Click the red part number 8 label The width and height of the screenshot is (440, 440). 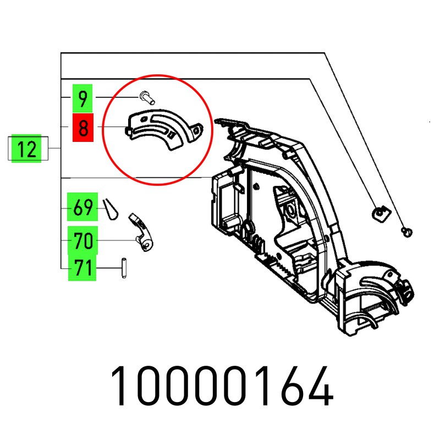tap(83, 128)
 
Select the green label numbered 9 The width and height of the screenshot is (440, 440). tap(82, 98)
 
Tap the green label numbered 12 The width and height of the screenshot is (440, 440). tap(26, 148)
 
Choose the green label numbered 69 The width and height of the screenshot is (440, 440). tap(82, 207)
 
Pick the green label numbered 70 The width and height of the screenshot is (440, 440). tap(83, 240)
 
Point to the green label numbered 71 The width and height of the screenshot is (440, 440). tap(82, 267)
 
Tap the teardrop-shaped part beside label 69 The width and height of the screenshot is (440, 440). tap(111, 210)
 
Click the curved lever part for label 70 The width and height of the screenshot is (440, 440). tap(142, 232)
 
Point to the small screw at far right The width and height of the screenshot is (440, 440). tap(407, 232)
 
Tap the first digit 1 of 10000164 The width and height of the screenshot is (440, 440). tap(118, 386)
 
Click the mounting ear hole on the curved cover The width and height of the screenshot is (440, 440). tap(197, 130)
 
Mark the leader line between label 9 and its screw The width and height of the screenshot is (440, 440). tap(117, 97)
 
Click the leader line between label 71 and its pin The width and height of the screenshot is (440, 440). tap(109, 268)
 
